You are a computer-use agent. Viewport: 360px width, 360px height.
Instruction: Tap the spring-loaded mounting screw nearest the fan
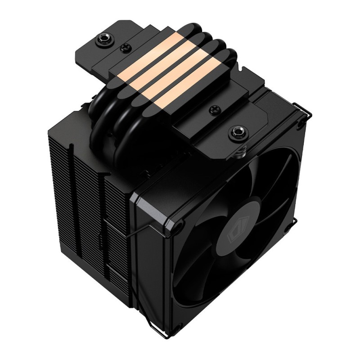tap(235, 133)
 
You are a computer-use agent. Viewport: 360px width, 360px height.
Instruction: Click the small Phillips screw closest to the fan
tap(215, 109)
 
